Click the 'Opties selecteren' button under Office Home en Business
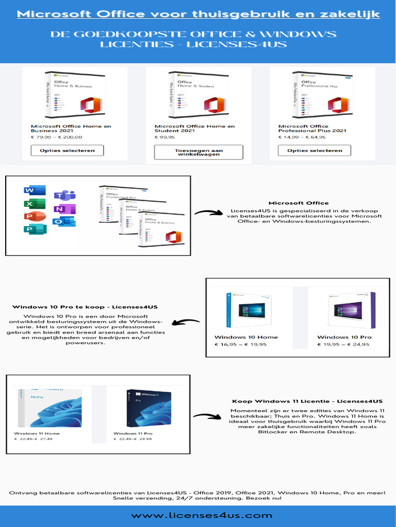click(x=67, y=150)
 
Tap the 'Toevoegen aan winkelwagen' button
click(x=199, y=152)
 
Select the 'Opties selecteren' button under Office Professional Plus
click(x=315, y=150)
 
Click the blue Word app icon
click(x=28, y=191)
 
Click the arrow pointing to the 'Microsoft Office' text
click(x=208, y=213)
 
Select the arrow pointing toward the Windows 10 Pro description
click(x=185, y=323)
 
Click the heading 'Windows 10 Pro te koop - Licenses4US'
click(x=85, y=307)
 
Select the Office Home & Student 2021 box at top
click(x=199, y=95)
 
